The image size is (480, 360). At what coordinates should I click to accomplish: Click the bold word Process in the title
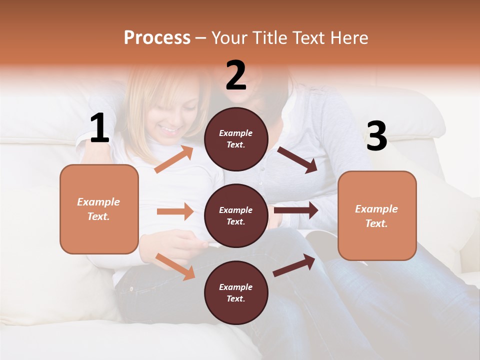(157, 38)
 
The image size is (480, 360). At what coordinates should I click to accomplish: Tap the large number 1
(99, 128)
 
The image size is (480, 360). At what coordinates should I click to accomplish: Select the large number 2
(236, 75)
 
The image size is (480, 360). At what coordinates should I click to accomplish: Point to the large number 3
(376, 136)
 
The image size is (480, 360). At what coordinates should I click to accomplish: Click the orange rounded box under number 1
(99, 209)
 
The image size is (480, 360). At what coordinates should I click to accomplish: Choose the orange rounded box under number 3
(377, 215)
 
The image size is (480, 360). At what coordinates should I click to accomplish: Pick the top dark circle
(236, 139)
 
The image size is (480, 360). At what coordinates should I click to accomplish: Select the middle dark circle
(236, 215)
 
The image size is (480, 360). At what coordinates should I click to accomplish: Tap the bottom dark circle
(236, 292)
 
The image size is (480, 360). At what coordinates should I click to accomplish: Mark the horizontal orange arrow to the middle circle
(175, 211)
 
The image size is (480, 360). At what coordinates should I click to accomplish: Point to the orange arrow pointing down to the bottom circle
(175, 266)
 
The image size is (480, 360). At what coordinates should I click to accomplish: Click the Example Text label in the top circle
(236, 139)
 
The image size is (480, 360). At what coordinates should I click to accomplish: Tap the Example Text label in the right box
(376, 216)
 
